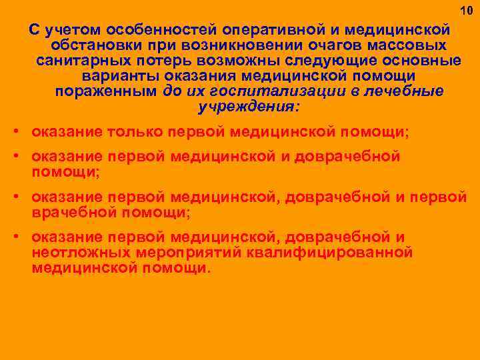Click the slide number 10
tap(465, 11)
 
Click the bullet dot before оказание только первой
tap(15, 131)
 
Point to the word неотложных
tap(81, 253)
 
